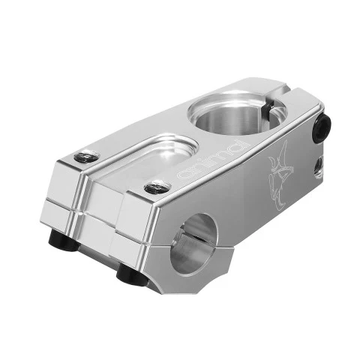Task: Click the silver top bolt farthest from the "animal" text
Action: pyautogui.click(x=87, y=156)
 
